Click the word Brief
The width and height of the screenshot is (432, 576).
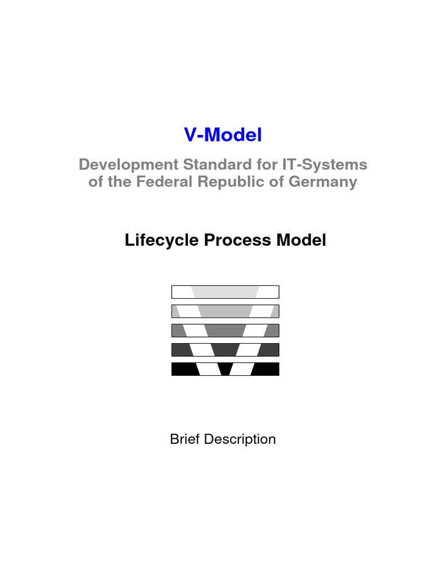tap(185, 439)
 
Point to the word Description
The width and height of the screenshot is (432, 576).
tap(240, 439)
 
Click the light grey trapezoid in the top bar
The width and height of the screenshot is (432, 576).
tap(225, 292)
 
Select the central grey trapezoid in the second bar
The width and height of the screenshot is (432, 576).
tap(225, 311)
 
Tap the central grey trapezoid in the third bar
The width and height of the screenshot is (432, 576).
tap(225, 330)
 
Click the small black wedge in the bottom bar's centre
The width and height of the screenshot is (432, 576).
tap(225, 369)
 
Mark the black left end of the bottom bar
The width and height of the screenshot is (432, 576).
tap(183, 369)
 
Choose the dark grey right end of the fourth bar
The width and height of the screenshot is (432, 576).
tap(269, 349)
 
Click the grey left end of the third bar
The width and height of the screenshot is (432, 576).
tap(178, 330)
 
